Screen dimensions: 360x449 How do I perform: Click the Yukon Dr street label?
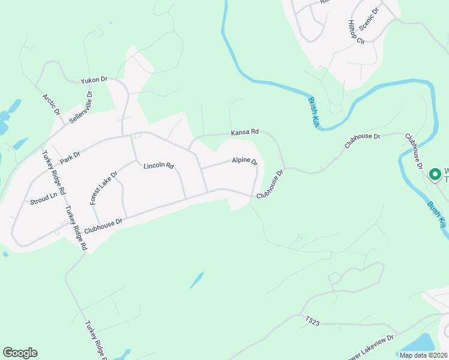point(94,79)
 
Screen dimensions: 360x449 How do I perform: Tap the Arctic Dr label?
point(51,104)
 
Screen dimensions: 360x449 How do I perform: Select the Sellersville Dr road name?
point(81,107)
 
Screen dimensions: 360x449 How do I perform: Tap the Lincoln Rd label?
point(158,165)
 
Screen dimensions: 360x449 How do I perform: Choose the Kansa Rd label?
point(245,131)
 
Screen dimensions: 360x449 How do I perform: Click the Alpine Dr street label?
point(245,161)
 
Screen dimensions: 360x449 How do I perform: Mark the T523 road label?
point(313,322)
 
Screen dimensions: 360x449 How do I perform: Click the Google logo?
point(20,353)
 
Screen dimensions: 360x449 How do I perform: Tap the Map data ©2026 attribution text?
point(423,355)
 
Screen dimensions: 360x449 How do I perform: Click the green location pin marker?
point(435,174)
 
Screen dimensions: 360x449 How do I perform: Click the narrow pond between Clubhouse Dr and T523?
point(196,280)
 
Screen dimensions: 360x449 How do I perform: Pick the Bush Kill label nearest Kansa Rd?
point(312,111)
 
